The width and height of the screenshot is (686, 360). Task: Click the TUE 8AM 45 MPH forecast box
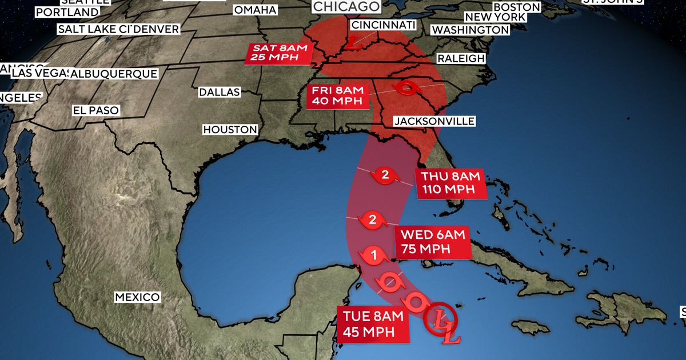coord(373,325)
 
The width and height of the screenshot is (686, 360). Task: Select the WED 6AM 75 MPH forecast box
coord(432,241)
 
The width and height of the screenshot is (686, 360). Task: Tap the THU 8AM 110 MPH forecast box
coord(452,182)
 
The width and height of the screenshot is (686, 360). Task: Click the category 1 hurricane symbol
coord(373,257)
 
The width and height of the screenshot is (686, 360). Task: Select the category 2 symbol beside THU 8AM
coord(385,175)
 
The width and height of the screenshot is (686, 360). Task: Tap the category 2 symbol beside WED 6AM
coord(373,219)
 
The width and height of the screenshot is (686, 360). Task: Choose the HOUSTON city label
coord(230,130)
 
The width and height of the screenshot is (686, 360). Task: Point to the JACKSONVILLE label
coord(434,121)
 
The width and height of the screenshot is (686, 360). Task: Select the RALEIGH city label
coord(461,58)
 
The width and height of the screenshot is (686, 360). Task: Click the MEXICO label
coord(137,297)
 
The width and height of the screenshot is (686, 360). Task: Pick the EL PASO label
coord(95,110)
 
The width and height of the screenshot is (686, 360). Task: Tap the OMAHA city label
coord(255,10)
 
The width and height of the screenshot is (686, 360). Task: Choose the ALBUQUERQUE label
coord(113,74)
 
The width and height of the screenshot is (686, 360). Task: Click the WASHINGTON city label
coord(470,30)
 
